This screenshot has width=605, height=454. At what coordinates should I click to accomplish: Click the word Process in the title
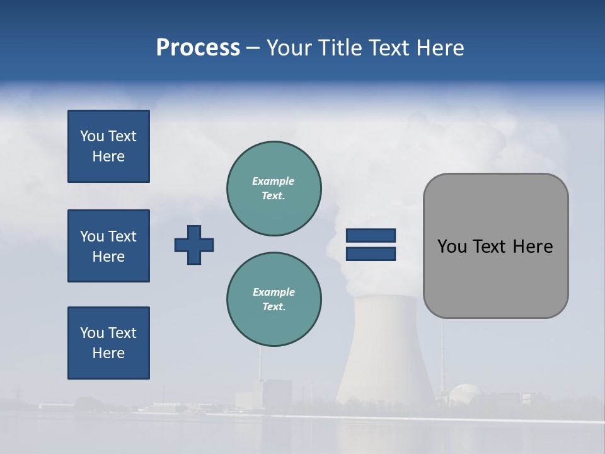click(x=198, y=48)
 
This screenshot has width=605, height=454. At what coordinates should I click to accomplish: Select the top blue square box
click(x=108, y=146)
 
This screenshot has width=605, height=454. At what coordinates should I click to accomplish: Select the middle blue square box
click(x=108, y=246)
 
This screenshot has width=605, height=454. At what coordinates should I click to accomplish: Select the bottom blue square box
click(x=108, y=343)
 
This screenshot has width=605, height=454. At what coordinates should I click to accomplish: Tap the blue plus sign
click(x=194, y=245)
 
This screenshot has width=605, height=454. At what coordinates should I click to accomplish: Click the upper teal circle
click(x=274, y=189)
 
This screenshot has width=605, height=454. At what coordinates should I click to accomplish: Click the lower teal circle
click(x=274, y=300)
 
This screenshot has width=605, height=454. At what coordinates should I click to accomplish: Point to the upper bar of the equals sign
click(x=371, y=235)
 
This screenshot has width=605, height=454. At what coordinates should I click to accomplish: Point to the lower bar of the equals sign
click(x=371, y=253)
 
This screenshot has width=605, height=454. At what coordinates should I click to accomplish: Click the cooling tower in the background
click(x=384, y=353)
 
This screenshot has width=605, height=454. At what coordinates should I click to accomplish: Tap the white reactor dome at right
click(x=466, y=394)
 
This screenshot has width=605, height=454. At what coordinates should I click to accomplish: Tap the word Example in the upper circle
click(x=274, y=181)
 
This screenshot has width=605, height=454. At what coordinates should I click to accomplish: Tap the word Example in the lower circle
click(x=274, y=292)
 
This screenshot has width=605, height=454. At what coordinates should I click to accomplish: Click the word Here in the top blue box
click(x=108, y=156)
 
